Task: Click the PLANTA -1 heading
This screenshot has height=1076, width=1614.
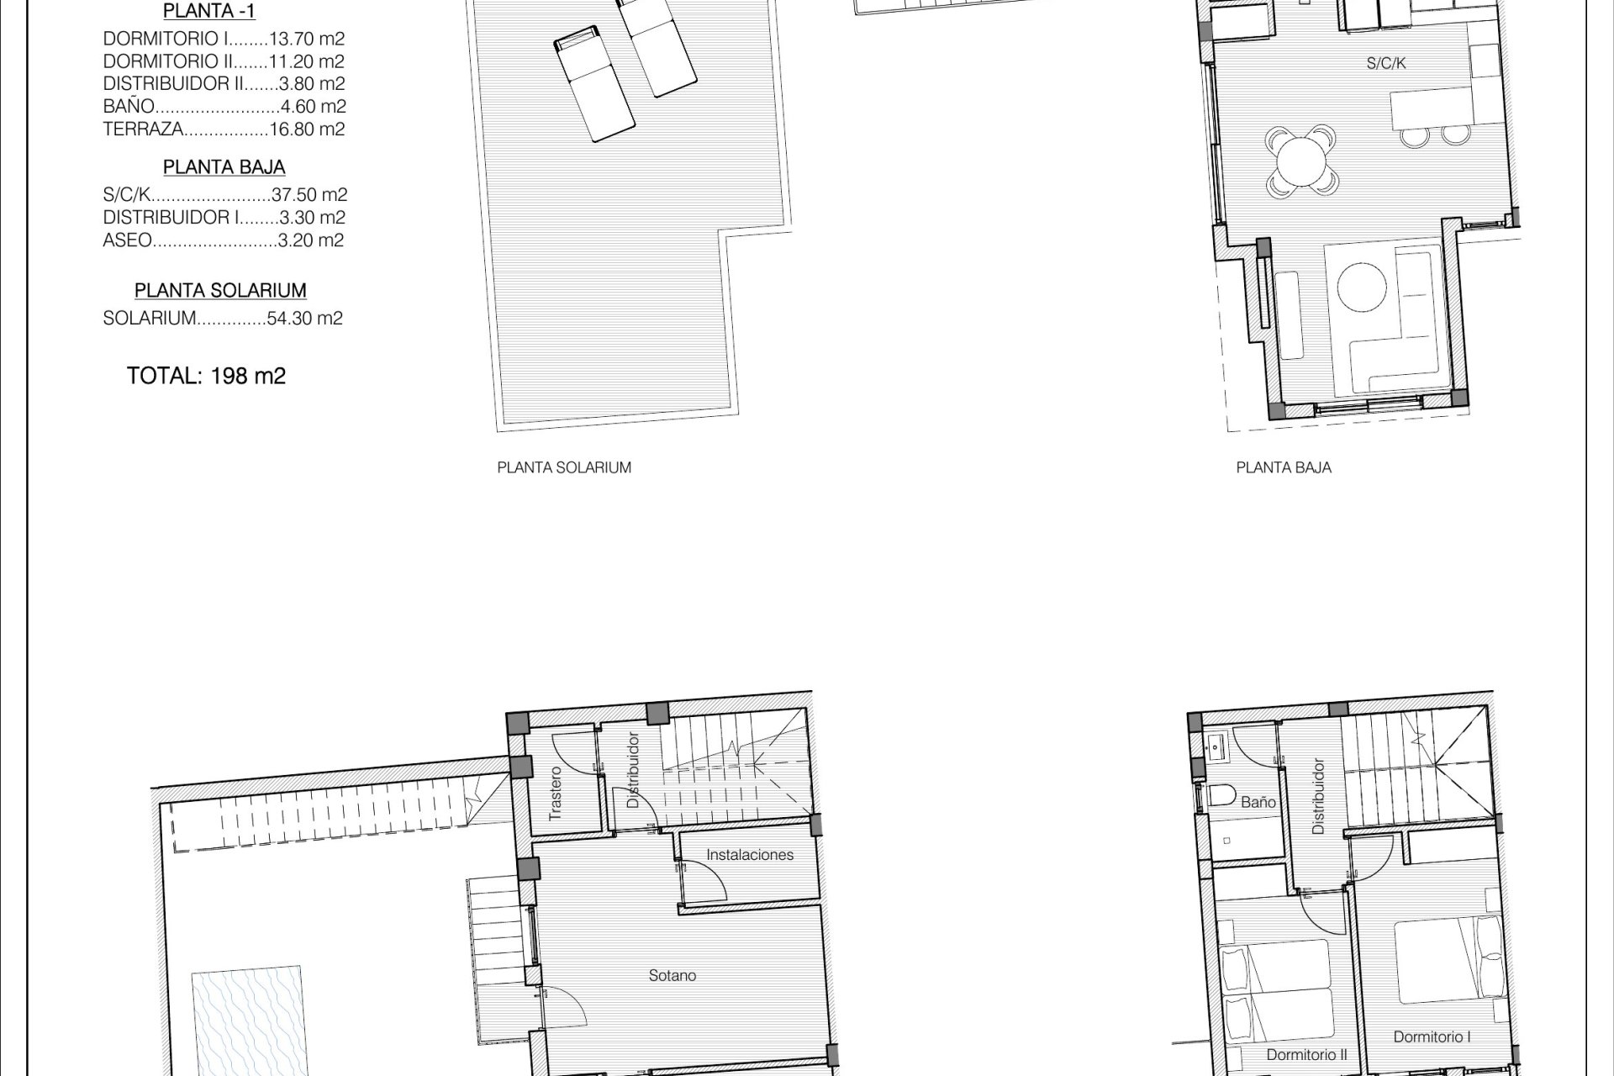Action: (209, 12)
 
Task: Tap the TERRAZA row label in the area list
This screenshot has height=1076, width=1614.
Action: (143, 129)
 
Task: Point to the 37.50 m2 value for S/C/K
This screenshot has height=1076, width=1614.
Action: (309, 195)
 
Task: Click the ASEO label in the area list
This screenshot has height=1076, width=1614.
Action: (128, 240)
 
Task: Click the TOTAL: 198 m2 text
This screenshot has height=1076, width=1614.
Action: (206, 376)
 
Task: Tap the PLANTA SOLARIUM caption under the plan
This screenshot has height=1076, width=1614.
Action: (564, 467)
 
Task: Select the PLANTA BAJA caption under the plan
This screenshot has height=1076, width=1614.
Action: (1284, 467)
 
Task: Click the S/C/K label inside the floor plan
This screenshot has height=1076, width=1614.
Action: (1386, 63)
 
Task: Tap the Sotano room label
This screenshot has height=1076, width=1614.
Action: (672, 976)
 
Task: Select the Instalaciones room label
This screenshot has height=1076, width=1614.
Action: (750, 855)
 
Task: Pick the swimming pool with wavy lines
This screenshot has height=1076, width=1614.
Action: (247, 1021)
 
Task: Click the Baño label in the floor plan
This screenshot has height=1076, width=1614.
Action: (1258, 802)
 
